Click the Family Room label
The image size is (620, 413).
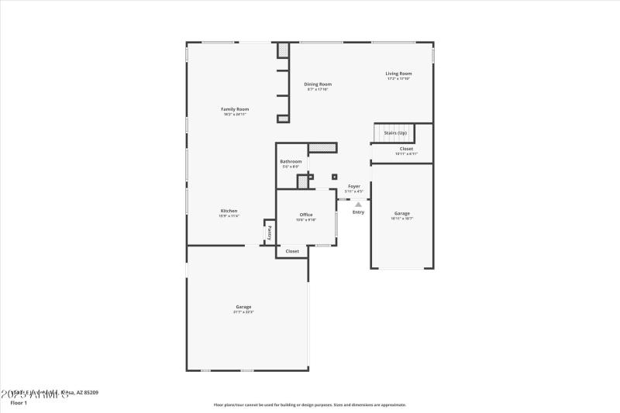coord(236,109)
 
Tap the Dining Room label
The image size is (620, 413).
coord(318,84)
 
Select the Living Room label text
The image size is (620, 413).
coord(399,74)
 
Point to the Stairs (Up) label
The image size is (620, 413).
coord(395,133)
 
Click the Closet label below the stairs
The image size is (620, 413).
coord(406,149)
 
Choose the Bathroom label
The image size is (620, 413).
coord(291,161)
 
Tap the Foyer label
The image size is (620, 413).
coord(354,186)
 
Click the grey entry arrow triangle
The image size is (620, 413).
coord(358,205)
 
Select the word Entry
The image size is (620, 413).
coord(358,212)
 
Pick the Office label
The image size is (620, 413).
coord(306,215)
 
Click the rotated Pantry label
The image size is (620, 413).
coord(270,232)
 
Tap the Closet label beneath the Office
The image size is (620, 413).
coord(292,251)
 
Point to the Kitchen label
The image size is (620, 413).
coord(229,211)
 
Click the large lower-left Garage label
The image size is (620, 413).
coord(243,307)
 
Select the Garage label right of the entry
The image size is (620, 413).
coord(401,213)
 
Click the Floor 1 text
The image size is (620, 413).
coord(19,403)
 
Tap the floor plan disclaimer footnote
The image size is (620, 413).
coord(309,404)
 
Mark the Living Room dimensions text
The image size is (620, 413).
coord(399,79)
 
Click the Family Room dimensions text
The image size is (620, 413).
coord(236,115)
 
